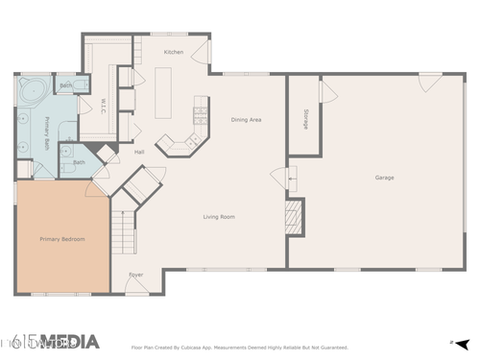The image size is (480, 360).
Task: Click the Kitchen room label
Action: point(174,52)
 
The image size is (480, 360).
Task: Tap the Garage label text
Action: point(384,178)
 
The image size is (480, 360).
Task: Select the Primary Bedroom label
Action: point(60,238)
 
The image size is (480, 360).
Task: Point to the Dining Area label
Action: point(246,120)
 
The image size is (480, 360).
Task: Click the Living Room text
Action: point(219,217)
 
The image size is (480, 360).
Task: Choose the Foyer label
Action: point(136,276)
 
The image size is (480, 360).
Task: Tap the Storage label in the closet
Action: point(305,121)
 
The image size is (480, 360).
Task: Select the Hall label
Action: point(139,152)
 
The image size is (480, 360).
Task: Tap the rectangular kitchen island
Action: point(163,92)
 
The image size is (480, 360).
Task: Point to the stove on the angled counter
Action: point(200,114)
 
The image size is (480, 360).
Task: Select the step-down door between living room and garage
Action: point(282,177)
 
